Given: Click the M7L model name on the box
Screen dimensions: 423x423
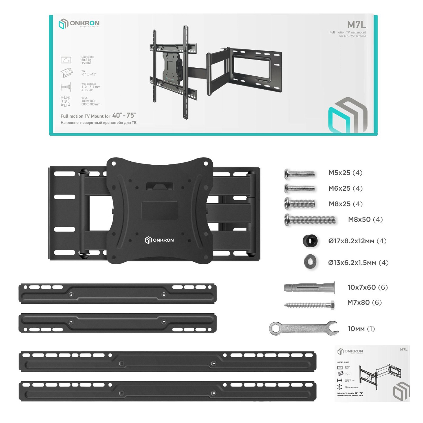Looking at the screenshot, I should (x=356, y=25).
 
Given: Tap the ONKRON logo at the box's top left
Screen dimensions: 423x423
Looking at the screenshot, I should (x=79, y=24).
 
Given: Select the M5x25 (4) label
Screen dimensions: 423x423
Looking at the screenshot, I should (x=345, y=173).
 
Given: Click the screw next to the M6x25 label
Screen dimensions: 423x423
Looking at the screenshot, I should (x=299, y=188).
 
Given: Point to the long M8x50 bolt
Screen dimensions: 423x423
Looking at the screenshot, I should (x=310, y=220).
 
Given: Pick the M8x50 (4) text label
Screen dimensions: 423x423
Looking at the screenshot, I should (x=365, y=219).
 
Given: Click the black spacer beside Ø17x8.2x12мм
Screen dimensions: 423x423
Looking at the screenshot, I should (x=310, y=241).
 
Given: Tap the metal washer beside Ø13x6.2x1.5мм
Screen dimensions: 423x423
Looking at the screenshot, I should (x=310, y=262).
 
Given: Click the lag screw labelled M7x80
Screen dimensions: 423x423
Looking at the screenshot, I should (x=309, y=305).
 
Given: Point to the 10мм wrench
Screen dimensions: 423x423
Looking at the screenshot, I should (x=303, y=329).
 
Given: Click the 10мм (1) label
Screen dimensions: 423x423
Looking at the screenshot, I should (x=361, y=329).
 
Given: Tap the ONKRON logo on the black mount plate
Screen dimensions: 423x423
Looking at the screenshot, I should (x=159, y=240).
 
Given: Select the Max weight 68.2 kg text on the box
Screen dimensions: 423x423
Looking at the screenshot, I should (x=87, y=60).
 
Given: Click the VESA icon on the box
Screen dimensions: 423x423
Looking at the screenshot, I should (x=65, y=101).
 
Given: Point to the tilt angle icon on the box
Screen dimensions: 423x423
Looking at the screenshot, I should (x=67, y=73).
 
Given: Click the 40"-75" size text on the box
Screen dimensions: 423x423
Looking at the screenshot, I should (x=124, y=115).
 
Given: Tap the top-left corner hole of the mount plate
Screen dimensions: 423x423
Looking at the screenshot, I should (x=114, y=164).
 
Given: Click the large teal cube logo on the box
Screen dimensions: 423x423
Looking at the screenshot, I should (x=347, y=116).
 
